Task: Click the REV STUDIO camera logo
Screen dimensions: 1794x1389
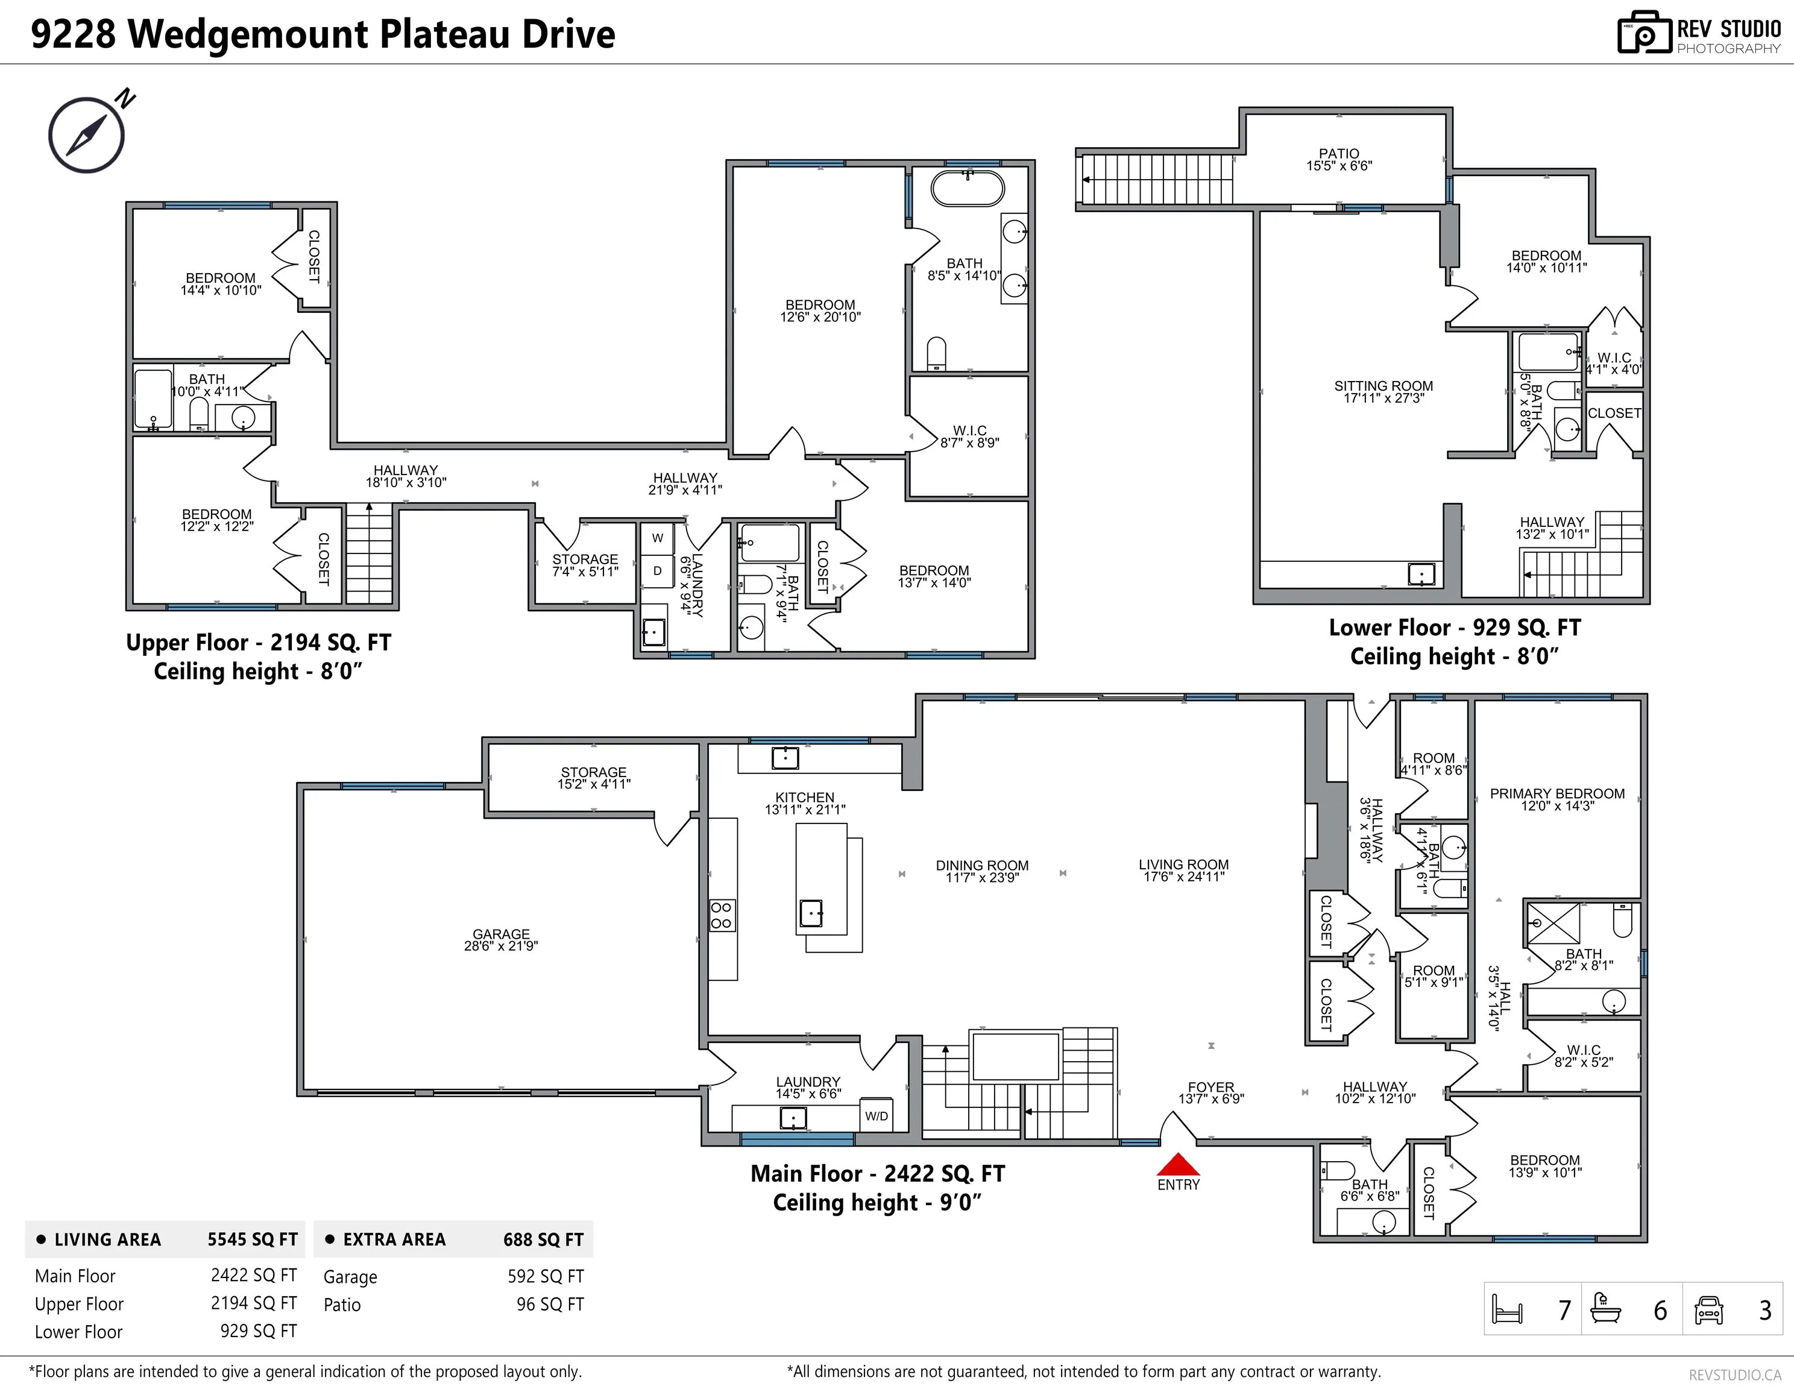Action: pos(1644,33)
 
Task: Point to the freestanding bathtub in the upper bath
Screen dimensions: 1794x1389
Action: pos(967,188)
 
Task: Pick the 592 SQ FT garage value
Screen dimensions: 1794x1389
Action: pos(546,1276)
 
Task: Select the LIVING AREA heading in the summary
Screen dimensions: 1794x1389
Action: pos(108,1239)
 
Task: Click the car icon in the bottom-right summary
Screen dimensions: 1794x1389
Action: pos(1708,1310)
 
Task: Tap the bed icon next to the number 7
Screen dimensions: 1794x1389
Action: pos(1507,1309)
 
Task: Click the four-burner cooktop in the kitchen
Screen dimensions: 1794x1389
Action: pos(721,915)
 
